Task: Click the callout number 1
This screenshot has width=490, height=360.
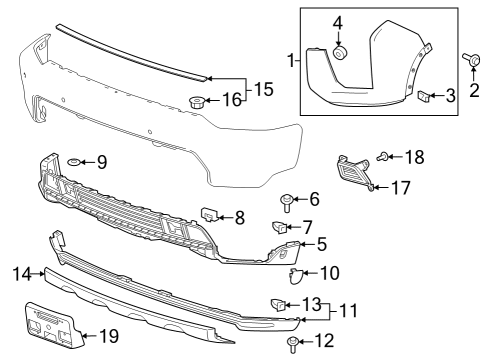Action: (292, 62)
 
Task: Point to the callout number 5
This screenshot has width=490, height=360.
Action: (321, 243)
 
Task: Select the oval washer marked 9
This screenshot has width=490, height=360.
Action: (73, 161)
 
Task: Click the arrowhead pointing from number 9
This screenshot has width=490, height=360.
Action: (84, 161)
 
